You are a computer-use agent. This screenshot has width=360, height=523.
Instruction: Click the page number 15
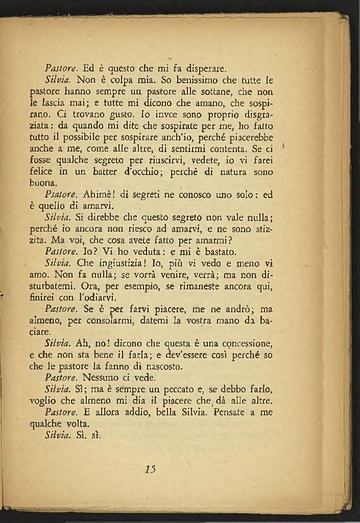[x=150, y=469]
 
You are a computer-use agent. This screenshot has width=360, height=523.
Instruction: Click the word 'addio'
[x=121, y=412]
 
